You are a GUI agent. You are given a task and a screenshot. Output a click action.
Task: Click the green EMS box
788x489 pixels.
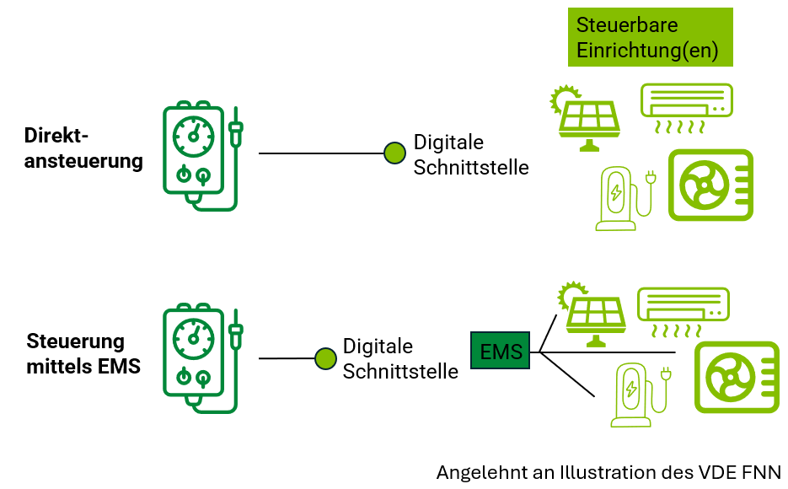501,351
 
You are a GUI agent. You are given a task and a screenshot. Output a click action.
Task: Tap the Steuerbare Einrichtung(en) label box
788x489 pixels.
650,37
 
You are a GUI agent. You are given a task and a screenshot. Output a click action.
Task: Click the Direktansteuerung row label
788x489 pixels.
83,148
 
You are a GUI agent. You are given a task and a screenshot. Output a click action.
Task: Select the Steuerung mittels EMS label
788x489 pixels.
83,354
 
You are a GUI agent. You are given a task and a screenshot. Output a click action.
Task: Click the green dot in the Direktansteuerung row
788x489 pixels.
394,153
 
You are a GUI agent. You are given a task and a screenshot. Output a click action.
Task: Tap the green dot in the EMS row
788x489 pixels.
325,358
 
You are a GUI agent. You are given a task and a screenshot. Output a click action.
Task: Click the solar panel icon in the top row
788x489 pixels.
587,118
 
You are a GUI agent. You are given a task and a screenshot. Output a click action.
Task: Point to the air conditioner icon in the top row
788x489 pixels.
686,108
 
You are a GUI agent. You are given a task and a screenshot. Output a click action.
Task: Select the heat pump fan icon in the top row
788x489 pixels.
710,185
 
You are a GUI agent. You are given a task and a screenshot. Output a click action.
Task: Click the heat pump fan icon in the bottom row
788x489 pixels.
735,377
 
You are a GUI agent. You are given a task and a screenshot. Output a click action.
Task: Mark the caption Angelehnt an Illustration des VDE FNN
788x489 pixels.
608,472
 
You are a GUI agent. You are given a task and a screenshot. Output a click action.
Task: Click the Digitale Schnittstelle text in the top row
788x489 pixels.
470,155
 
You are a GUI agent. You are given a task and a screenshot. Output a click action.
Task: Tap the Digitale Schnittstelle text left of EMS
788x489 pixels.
400,358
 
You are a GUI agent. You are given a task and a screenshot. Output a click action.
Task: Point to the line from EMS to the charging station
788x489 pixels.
569,374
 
